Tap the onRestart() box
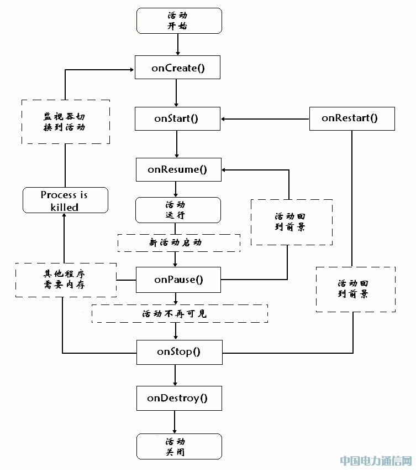point(352,118)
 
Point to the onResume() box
point(178,169)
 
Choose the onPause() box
point(178,280)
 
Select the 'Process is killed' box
point(65,201)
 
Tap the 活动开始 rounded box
point(178,20)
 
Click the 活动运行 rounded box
point(178,210)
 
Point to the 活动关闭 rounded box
point(178,446)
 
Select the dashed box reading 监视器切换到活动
point(65,122)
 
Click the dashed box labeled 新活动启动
point(178,242)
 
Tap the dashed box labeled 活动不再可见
point(179,313)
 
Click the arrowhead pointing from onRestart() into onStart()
point(225,118)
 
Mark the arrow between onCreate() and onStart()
point(176,92)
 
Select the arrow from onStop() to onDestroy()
point(176,375)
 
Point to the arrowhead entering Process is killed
point(65,216)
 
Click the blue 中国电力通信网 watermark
point(376,461)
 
